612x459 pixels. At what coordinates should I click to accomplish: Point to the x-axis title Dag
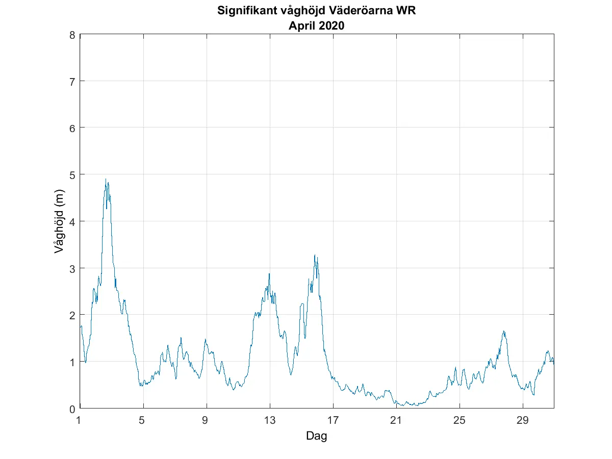click(x=316, y=436)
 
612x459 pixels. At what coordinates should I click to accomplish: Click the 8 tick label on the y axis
click(x=72, y=35)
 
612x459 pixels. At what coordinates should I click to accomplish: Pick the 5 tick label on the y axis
click(x=72, y=175)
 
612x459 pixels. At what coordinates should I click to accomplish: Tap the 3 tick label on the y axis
click(x=72, y=268)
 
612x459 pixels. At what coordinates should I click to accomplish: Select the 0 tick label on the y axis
click(x=72, y=409)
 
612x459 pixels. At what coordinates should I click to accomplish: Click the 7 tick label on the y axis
click(x=72, y=82)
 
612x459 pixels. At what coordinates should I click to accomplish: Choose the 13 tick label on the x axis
click(x=270, y=421)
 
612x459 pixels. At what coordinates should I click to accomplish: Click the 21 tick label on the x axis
click(x=396, y=421)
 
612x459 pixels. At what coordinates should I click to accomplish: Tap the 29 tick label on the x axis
click(x=522, y=421)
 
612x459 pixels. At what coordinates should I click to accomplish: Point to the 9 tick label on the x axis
click(x=207, y=421)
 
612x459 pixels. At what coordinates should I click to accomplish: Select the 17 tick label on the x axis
click(x=333, y=421)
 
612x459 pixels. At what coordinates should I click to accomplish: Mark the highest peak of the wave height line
click(x=106, y=179)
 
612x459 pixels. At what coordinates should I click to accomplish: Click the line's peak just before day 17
click(x=315, y=255)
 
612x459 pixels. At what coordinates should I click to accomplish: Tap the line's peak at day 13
click(x=269, y=274)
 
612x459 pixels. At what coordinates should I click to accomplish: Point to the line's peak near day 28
click(x=504, y=331)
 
